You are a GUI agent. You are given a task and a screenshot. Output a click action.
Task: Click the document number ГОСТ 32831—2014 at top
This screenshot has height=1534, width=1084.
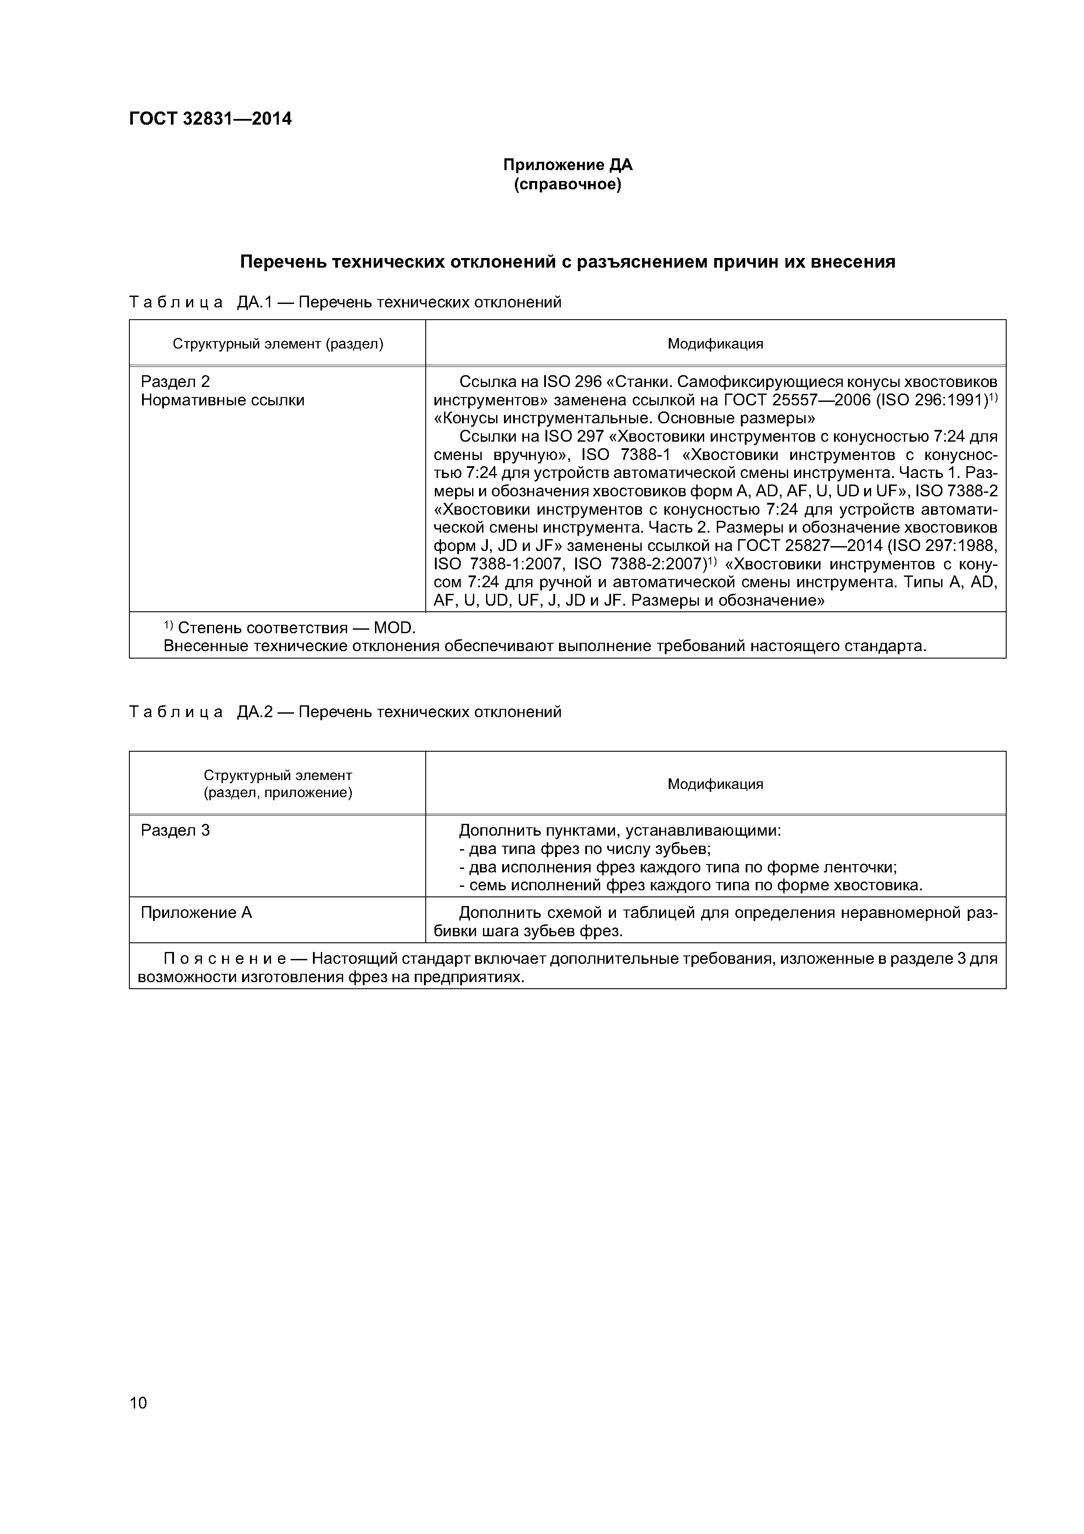click(210, 119)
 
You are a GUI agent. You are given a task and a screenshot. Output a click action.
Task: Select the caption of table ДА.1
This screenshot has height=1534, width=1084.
click(344, 303)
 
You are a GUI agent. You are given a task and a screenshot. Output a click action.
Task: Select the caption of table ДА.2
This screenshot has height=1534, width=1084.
click(344, 712)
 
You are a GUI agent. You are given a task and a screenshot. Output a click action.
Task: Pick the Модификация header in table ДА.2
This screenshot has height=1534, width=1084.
click(716, 784)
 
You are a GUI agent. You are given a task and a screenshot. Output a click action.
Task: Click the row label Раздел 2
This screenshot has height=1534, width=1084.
click(175, 381)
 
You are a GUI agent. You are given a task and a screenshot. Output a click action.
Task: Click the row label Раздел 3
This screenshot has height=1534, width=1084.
click(175, 830)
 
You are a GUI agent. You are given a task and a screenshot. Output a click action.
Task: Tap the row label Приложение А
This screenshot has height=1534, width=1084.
click(196, 913)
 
